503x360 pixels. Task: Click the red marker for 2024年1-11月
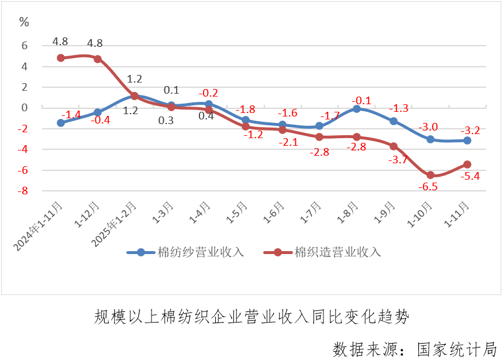pos(61,58)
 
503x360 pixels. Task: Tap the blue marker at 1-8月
pos(357,109)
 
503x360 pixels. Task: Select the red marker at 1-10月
pos(430,175)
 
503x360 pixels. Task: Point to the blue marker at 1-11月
pos(467,140)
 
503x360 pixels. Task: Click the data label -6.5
pos(429,187)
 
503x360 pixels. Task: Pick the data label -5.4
pos(470,176)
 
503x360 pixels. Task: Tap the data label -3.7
pos(398,160)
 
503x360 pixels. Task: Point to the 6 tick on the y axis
pos(25,46)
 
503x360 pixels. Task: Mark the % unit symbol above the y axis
pos(24,22)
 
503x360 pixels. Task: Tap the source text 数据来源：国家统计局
pos(415,348)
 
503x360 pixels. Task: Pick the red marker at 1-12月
pos(98,59)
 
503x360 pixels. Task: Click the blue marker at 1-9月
pos(394,121)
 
